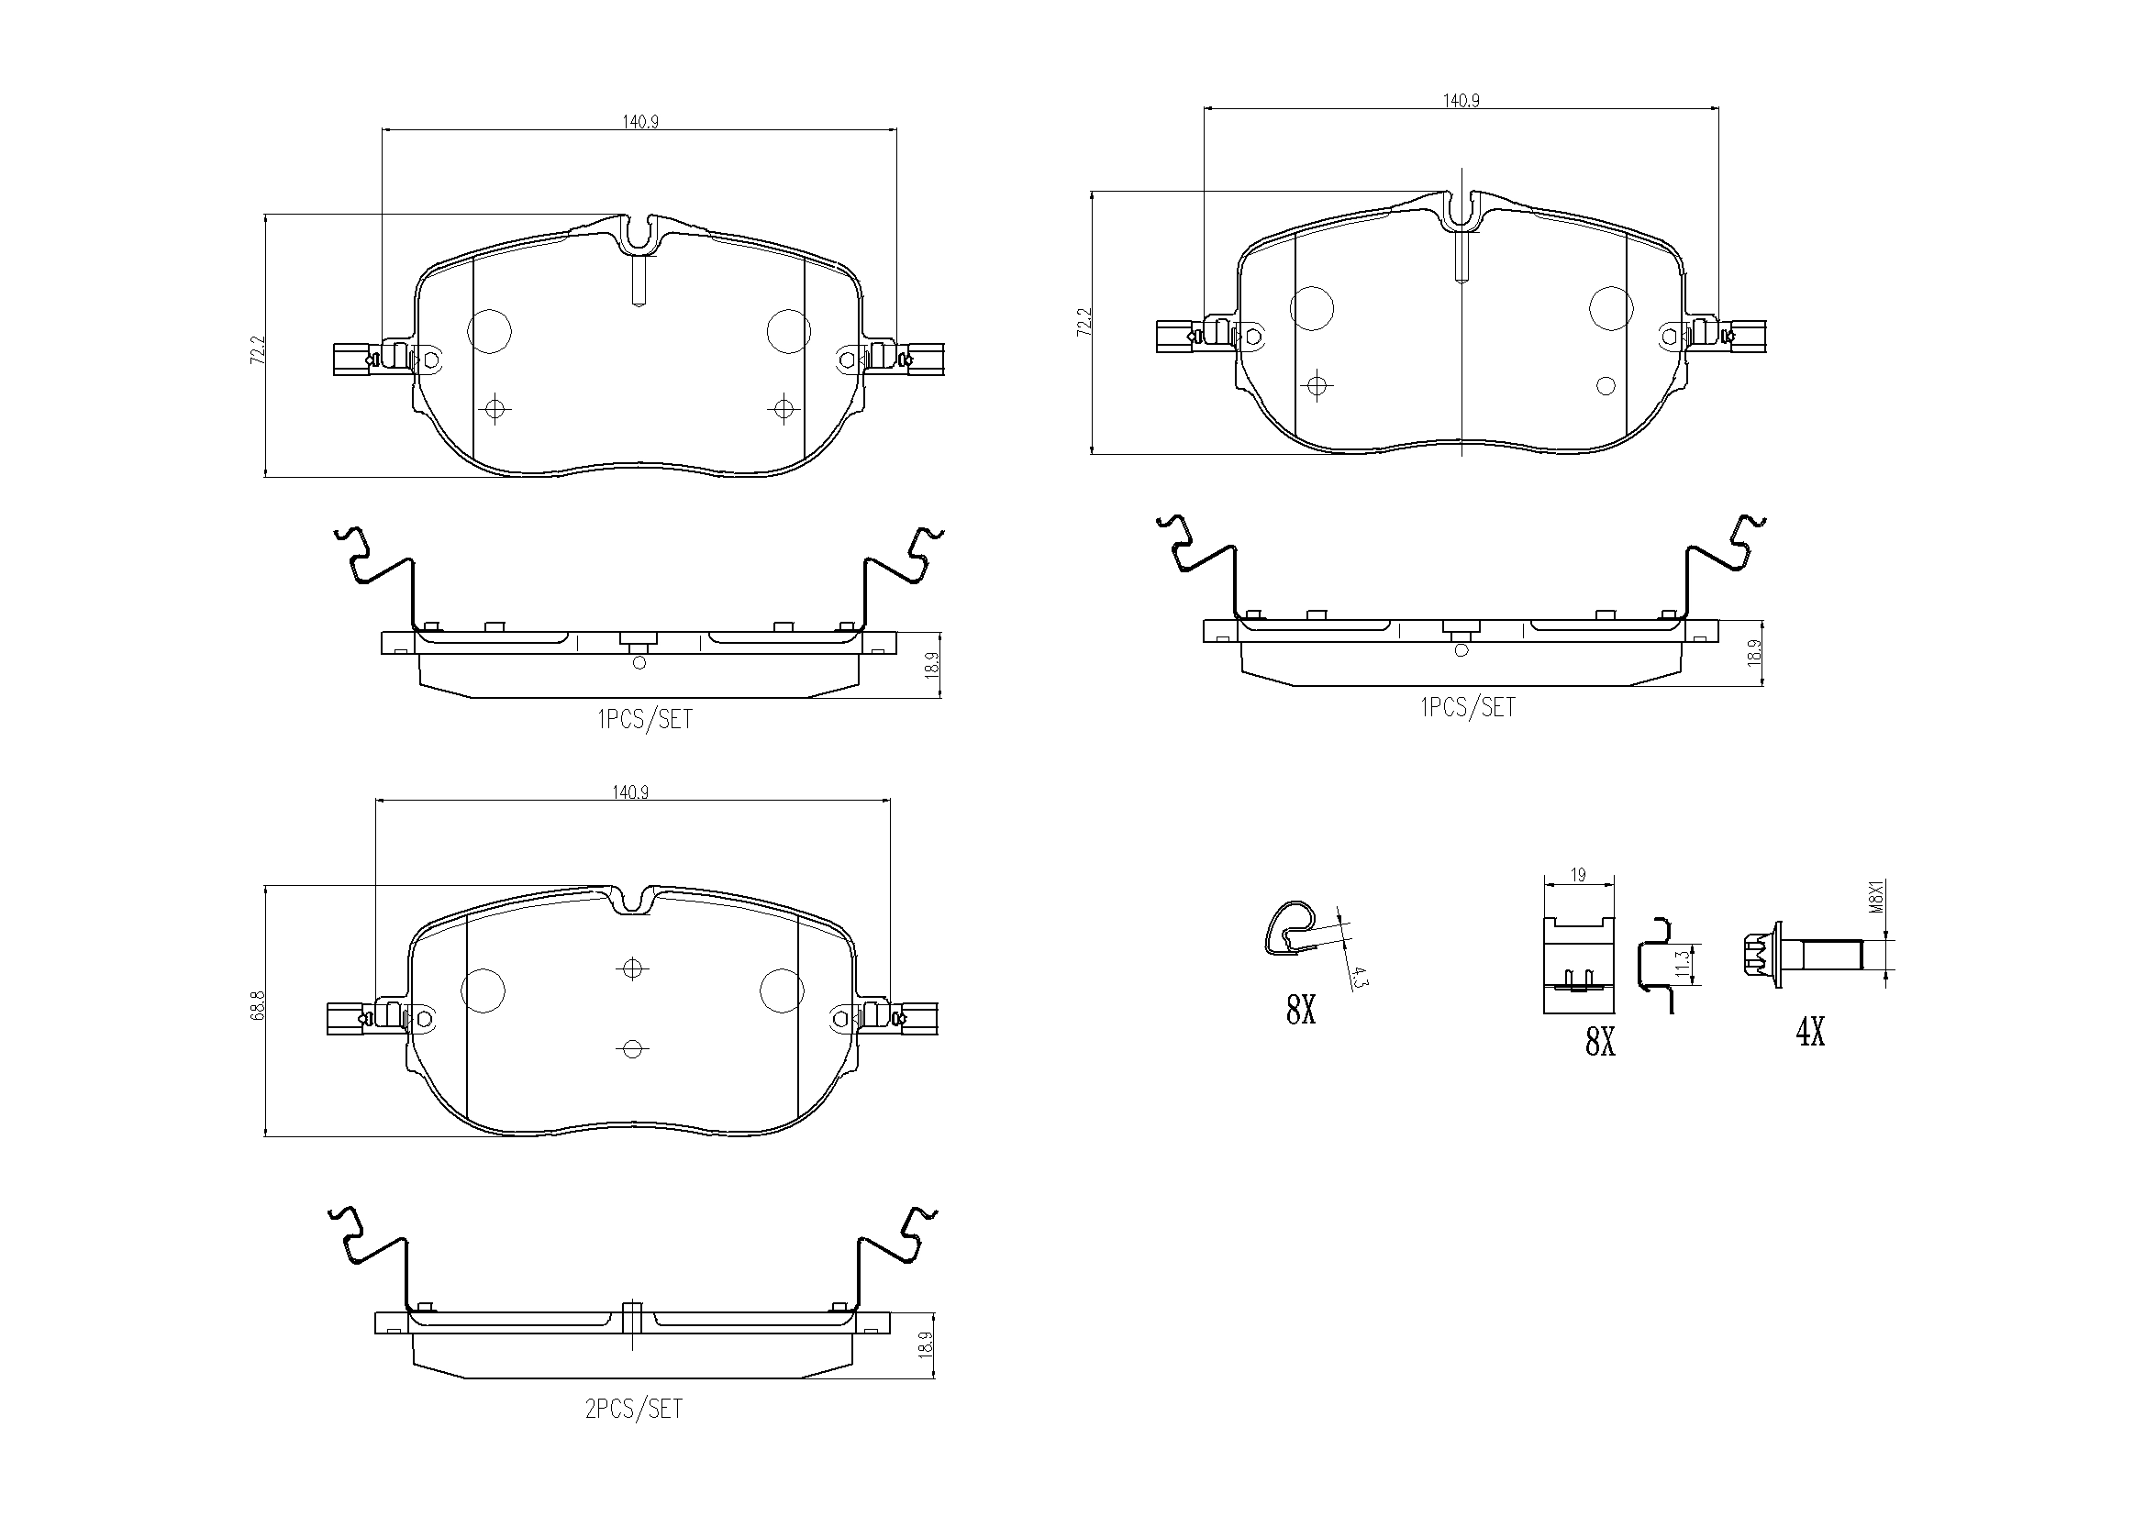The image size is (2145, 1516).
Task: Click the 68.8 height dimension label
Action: click(258, 1010)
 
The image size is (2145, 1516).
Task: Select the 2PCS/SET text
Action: click(633, 1409)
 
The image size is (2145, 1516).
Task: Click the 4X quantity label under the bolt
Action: click(1810, 1032)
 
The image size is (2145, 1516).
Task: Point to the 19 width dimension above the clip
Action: click(1578, 875)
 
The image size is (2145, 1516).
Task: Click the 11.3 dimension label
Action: click(1682, 963)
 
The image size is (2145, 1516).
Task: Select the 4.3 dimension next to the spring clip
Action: click(1361, 978)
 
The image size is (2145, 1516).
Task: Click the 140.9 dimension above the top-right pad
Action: click(1461, 101)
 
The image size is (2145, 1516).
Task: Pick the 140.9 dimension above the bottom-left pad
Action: click(630, 792)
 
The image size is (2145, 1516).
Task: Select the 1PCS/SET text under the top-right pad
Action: click(1468, 707)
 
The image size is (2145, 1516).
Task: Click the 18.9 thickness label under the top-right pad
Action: click(1753, 652)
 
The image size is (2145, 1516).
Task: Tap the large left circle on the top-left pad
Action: click(489, 331)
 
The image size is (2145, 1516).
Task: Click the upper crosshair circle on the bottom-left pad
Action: click(632, 968)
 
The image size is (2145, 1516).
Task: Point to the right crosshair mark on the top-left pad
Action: click(782, 408)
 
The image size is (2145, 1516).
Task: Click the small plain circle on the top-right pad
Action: click(1606, 386)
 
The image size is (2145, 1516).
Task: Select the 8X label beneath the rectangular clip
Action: click(1600, 1042)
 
